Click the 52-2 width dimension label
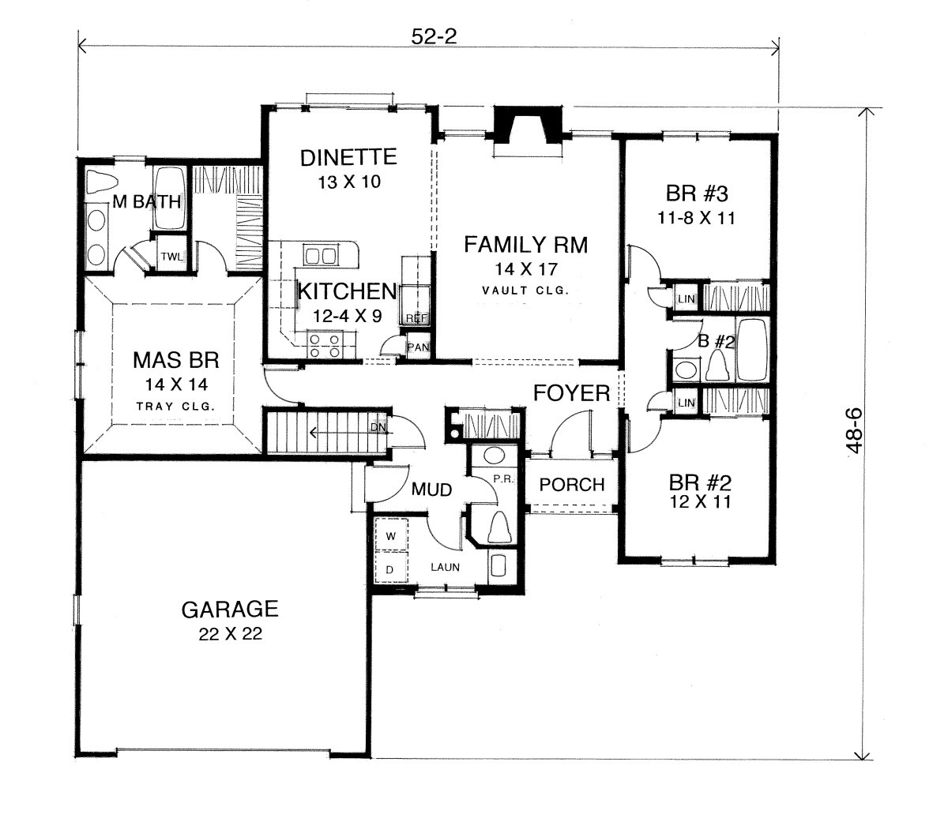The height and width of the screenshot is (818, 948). click(434, 36)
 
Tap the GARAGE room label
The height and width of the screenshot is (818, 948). click(230, 610)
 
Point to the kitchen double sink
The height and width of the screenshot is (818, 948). click(320, 255)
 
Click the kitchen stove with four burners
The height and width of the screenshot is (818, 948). click(325, 345)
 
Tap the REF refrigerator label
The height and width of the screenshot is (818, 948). click(416, 318)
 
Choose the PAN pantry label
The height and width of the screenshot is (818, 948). click(418, 347)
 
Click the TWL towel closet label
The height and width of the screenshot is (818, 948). click(171, 257)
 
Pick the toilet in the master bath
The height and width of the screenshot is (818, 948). click(102, 182)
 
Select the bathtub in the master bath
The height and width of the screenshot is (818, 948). click(169, 197)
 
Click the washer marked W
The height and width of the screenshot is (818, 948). click(391, 535)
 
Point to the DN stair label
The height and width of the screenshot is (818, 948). click(378, 427)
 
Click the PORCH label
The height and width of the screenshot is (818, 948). click(572, 485)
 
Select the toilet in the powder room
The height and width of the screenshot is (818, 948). click(499, 527)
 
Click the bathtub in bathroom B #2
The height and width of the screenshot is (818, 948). click(752, 350)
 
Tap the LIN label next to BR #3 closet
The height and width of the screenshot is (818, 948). click(687, 299)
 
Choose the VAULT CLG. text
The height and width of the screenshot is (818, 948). click(525, 291)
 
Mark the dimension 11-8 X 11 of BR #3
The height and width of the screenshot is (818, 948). click(696, 218)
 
